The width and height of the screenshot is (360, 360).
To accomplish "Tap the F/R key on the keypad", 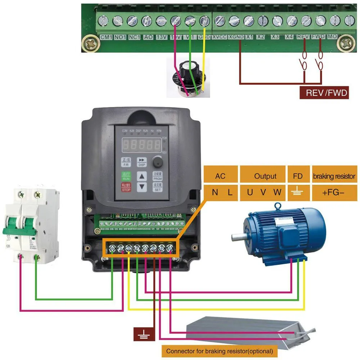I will point(126,162).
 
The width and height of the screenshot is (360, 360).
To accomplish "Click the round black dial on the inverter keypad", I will point(157,162).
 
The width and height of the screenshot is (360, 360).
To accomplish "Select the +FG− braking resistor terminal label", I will point(333,192).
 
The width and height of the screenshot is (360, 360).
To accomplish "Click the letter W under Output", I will point(277,192).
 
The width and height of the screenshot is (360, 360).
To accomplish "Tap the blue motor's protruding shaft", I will point(238,236).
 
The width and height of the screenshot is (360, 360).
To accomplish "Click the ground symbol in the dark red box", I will point(144,334).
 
